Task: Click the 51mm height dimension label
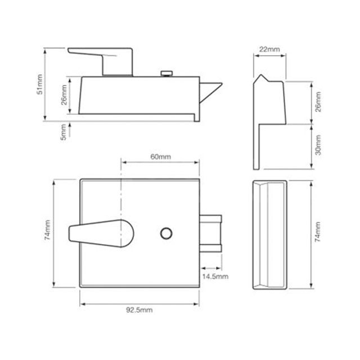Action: coord(40,84)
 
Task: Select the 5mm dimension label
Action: coord(63,132)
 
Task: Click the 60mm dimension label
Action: coord(160,157)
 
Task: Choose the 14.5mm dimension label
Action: coord(215,276)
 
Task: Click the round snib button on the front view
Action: coord(166,233)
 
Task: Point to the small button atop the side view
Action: coord(167,73)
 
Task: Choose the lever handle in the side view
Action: coord(107,59)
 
